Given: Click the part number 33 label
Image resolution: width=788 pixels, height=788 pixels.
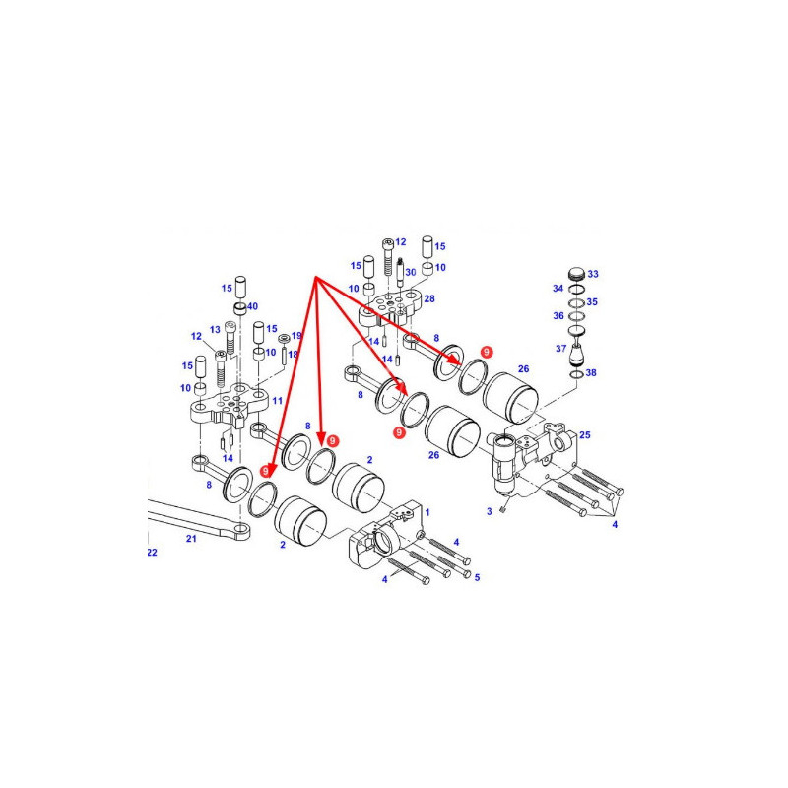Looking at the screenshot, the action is coord(593,274).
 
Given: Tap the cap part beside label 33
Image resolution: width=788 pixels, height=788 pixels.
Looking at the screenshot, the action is coord(577,275).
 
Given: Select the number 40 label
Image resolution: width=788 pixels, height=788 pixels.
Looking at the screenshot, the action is coord(252,306).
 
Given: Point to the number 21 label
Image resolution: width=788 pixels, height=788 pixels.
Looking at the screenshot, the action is coord(191,539).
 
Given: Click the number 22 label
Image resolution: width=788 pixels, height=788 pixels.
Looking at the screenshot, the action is coord(152,553).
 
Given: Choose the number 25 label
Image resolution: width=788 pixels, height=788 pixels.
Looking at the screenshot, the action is coord(585,435).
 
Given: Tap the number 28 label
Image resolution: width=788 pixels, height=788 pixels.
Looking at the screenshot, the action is coord(429,299).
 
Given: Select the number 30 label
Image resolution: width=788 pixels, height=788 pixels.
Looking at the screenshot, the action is coord(411,273).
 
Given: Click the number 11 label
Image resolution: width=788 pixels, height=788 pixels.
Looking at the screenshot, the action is coord(277,401).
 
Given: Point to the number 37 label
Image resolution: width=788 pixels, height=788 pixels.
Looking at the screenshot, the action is coord(560,349).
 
